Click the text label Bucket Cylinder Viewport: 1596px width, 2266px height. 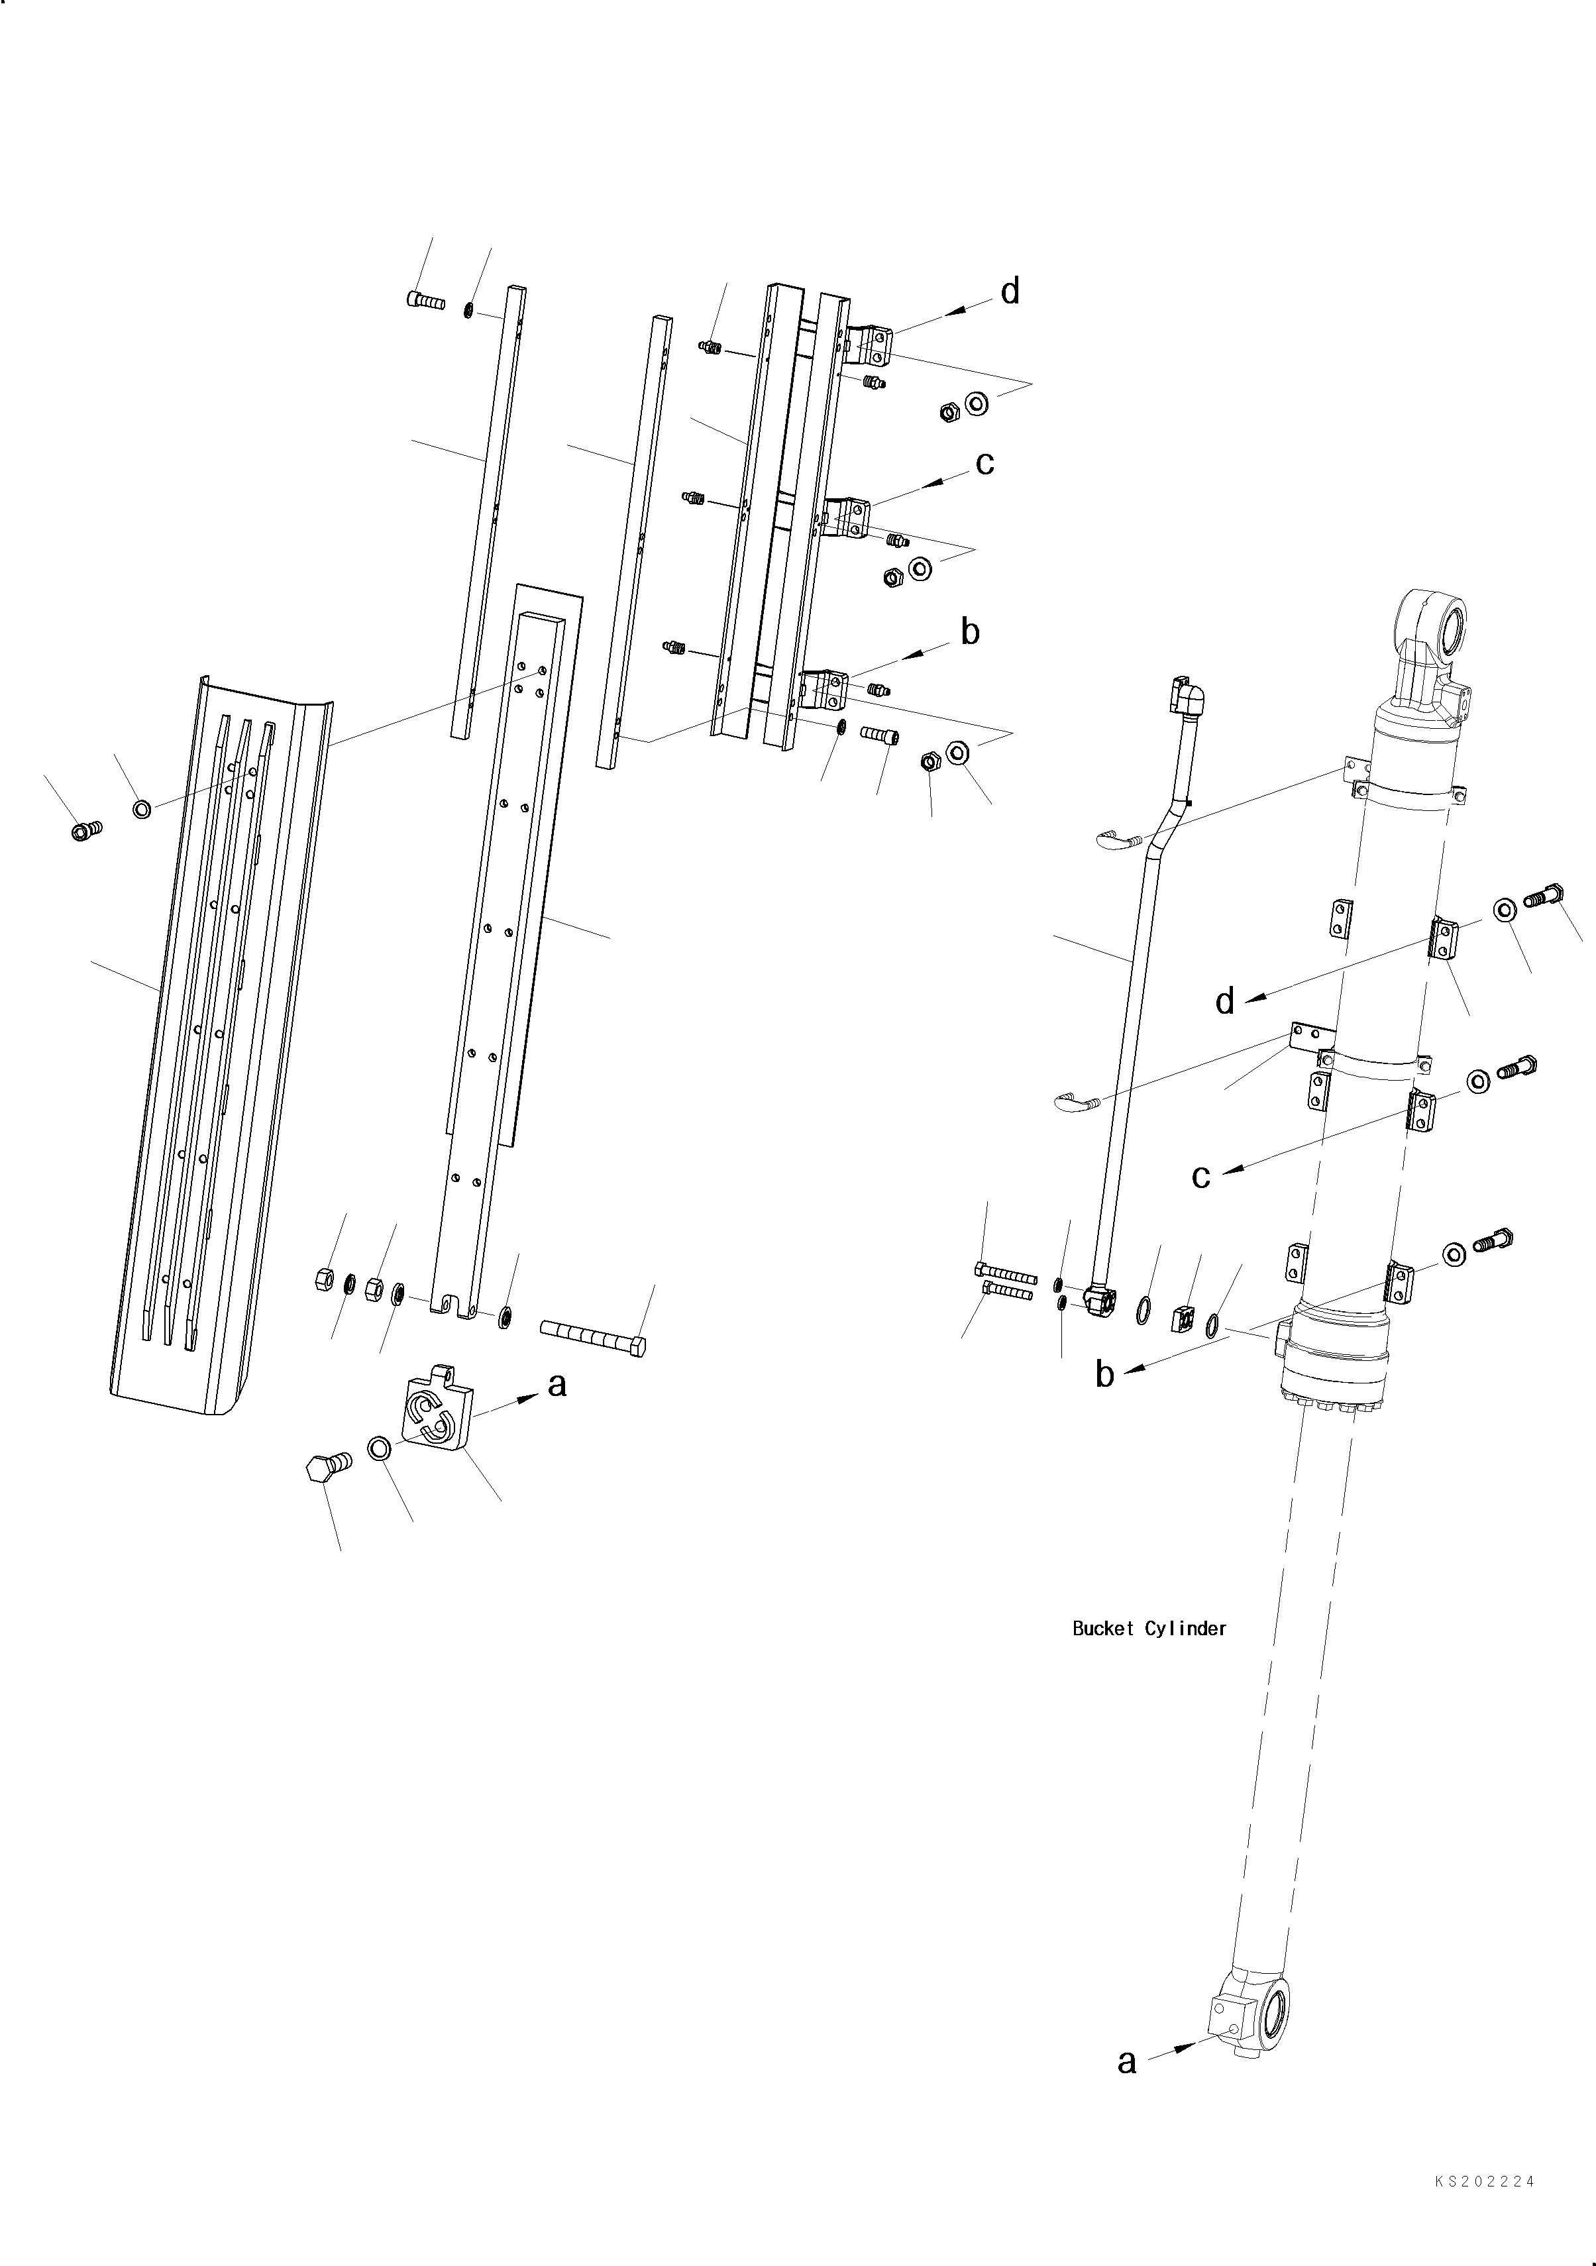click(1149, 1629)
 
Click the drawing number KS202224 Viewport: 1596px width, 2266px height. click(1485, 2182)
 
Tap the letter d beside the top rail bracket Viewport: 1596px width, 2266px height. click(1010, 292)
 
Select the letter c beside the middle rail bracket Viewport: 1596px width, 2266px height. click(984, 463)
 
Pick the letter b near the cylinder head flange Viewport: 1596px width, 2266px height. click(1104, 1375)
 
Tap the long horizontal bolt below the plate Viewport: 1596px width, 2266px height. click(593, 1337)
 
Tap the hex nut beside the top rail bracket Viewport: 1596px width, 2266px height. click(949, 411)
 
